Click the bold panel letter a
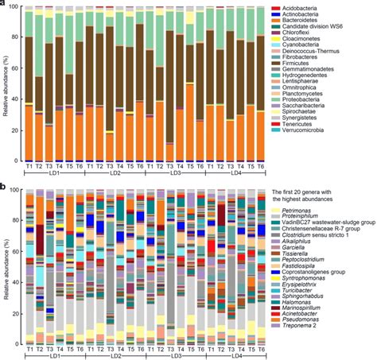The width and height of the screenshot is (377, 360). pos(3,5)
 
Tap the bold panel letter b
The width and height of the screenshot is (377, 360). pos(3,188)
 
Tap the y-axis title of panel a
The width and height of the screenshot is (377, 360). pos(6,83)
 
